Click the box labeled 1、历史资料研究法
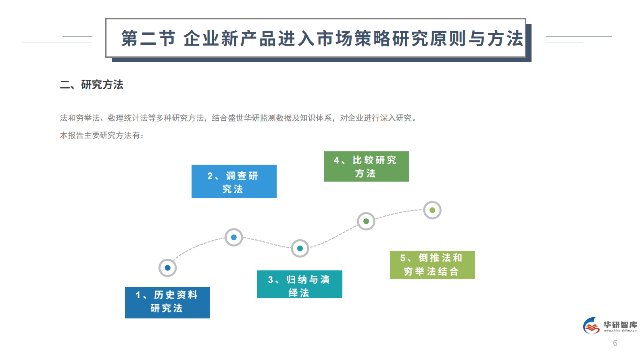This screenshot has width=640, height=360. (x=167, y=302)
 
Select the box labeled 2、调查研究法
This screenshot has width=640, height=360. (x=234, y=181)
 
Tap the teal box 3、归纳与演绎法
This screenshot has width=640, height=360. (x=300, y=284)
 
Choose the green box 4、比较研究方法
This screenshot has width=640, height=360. (x=366, y=166)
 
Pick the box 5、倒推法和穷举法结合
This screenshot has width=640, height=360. (x=432, y=265)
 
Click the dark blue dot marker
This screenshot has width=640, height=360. (x=168, y=268)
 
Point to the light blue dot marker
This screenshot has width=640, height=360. (x=234, y=237)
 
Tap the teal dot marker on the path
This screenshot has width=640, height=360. (x=300, y=248)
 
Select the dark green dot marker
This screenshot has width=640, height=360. (x=366, y=221)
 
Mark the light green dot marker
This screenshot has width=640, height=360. (x=432, y=210)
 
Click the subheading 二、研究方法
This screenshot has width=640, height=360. (x=92, y=85)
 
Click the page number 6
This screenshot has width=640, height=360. (x=615, y=343)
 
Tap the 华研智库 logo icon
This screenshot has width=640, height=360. (x=592, y=326)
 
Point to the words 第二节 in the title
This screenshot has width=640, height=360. (x=148, y=39)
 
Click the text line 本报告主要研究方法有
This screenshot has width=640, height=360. (x=102, y=136)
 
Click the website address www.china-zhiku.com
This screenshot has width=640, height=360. (x=620, y=331)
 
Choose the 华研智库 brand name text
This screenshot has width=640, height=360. (x=620, y=324)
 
